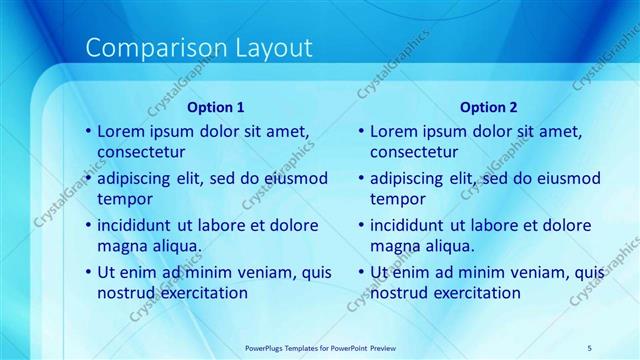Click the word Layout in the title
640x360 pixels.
[x=272, y=48]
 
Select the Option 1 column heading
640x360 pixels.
[x=216, y=107]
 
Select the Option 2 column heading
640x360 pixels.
[x=489, y=107]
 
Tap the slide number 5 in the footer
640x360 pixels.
[x=590, y=347]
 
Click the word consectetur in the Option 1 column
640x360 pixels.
[x=141, y=153]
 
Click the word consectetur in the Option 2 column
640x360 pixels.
[x=415, y=153]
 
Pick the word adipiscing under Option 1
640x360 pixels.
[x=136, y=178]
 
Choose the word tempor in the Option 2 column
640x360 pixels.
[x=398, y=199]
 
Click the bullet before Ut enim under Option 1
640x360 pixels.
[x=88, y=272]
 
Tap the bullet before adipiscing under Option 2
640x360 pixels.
[x=362, y=178]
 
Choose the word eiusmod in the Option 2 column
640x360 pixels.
[x=567, y=178]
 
